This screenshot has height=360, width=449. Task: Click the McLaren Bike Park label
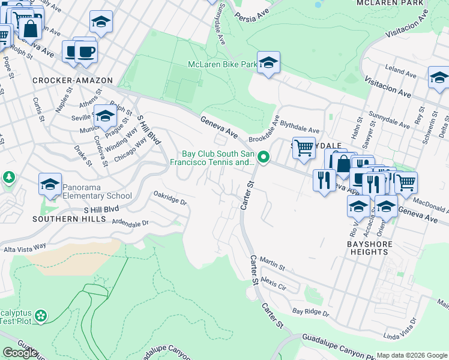222,64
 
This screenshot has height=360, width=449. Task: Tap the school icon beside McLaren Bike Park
269,62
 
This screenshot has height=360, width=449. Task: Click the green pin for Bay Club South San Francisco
263,158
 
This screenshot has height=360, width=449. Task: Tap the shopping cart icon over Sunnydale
304,147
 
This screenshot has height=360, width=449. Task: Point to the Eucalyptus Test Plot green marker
40,315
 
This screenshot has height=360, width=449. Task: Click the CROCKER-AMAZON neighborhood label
64,80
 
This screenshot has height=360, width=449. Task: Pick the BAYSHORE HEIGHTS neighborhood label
369,248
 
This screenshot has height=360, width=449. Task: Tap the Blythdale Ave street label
300,129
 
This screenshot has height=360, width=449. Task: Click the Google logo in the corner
20,352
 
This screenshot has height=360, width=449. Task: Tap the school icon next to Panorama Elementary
50,184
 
